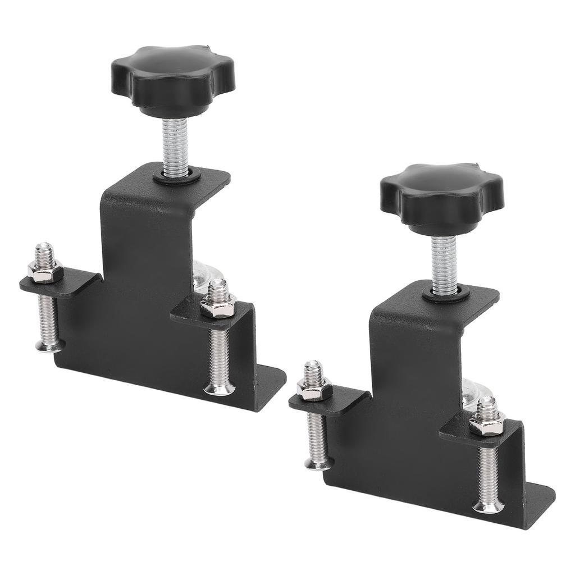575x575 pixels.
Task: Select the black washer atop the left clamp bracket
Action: (177, 176)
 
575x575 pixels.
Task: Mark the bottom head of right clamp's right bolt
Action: (486, 506)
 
